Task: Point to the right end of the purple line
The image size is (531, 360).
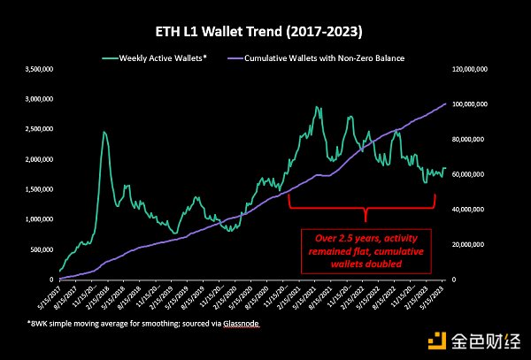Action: pos(445,103)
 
